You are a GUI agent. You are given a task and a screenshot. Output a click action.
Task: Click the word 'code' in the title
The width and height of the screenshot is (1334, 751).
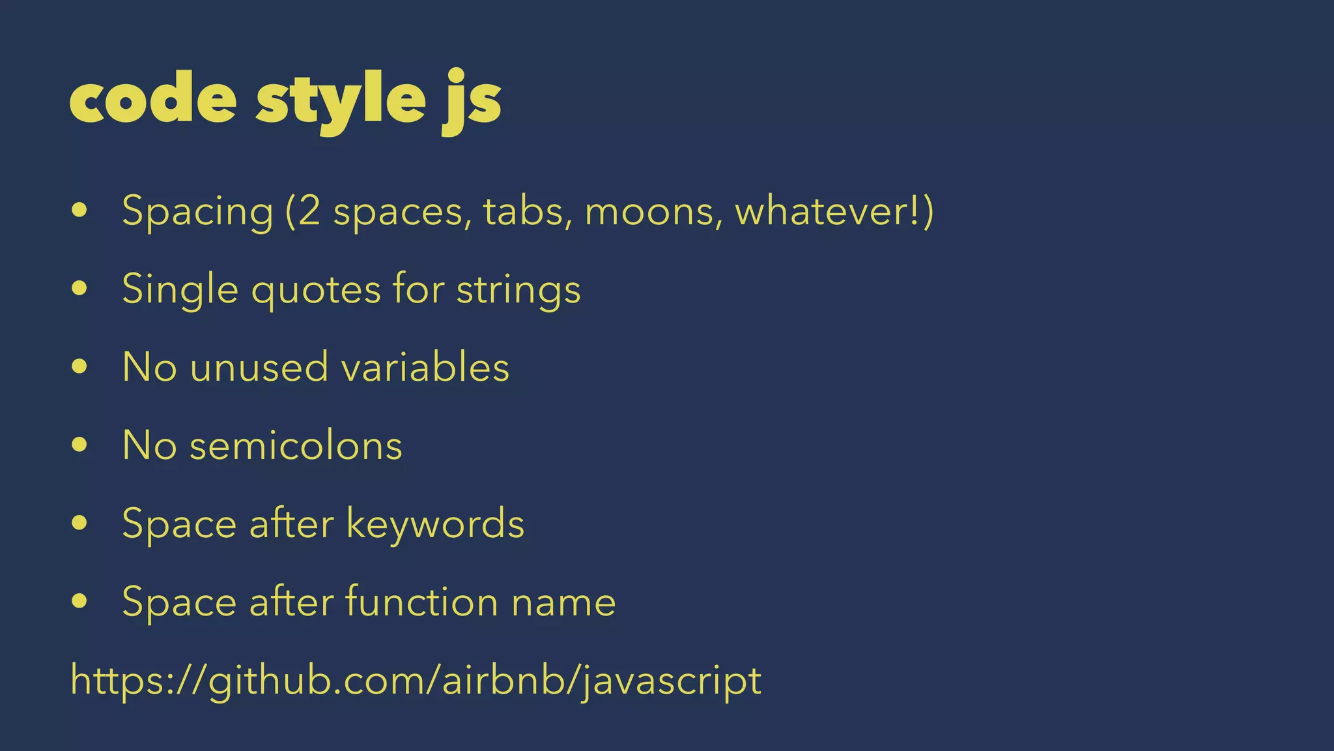[153, 99]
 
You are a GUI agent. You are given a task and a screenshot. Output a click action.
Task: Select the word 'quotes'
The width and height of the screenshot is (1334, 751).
[316, 289]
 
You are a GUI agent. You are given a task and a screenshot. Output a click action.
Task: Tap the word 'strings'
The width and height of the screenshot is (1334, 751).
[518, 289]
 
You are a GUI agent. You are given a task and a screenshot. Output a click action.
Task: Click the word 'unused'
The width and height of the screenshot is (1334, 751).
[259, 367]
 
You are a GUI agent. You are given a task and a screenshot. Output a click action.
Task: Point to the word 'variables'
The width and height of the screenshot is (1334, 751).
[425, 367]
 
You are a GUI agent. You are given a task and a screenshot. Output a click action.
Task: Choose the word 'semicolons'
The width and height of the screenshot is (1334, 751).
[296, 446]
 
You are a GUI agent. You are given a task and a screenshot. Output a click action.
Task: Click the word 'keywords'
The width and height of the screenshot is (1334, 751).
[434, 523]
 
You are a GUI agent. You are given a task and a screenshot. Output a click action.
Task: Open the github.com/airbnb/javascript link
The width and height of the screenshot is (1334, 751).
[416, 681]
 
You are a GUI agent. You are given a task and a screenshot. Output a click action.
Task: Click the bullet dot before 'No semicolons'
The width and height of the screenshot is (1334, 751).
[80, 446]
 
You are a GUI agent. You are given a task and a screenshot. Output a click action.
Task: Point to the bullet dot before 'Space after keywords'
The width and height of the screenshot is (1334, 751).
[80, 523]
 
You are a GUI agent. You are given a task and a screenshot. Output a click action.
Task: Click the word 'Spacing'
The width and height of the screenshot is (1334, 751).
[197, 212]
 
